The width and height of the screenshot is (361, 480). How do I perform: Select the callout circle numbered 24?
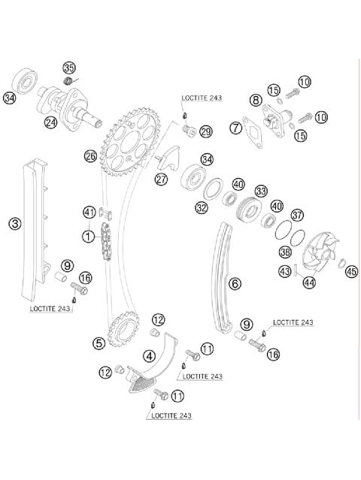[50, 122]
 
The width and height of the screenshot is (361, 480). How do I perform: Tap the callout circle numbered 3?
[14, 222]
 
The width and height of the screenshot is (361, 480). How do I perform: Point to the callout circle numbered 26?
[90, 156]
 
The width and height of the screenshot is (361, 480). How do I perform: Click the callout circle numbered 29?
[205, 132]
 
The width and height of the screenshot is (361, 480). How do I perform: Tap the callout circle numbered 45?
[351, 272]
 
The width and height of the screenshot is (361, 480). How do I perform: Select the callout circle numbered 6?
[235, 283]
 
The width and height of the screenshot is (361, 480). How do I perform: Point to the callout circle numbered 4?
[150, 355]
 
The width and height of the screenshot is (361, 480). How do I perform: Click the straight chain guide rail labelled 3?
[35, 225]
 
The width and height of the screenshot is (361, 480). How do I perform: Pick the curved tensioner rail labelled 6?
[223, 278]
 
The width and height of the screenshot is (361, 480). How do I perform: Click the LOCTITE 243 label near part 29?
[201, 98]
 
